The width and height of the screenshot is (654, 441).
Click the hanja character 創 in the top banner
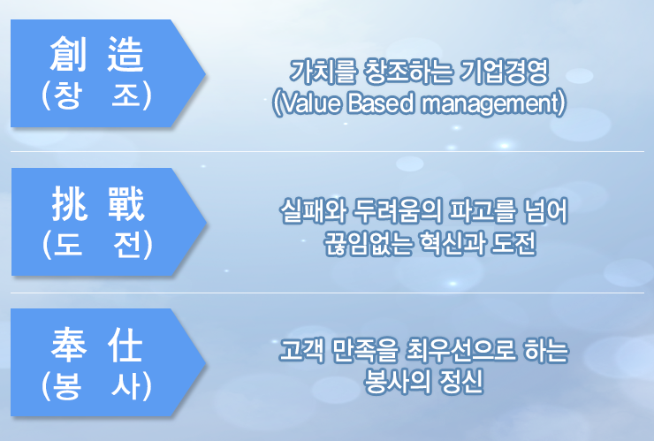coord(68,54)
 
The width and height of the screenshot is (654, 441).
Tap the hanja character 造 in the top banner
coord(125,54)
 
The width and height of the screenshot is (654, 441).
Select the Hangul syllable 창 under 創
coord(66,95)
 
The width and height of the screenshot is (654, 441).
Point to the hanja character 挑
coord(69,203)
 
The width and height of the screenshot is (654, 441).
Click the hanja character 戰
coord(126,203)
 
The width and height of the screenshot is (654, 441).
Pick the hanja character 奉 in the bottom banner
coord(69,345)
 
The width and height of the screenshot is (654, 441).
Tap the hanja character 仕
coord(125,345)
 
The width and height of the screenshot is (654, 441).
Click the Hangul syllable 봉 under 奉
coord(67,385)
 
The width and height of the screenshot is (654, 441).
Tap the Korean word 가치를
coord(323,72)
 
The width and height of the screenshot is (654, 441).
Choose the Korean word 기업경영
coord(504,72)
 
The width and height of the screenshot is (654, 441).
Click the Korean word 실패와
coord(313,210)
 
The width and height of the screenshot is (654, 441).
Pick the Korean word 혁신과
coord(452,243)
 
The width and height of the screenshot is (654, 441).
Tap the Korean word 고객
coord(301,350)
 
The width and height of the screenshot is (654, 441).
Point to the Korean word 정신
coord(460,381)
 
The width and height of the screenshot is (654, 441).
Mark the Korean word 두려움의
coord(397,210)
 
